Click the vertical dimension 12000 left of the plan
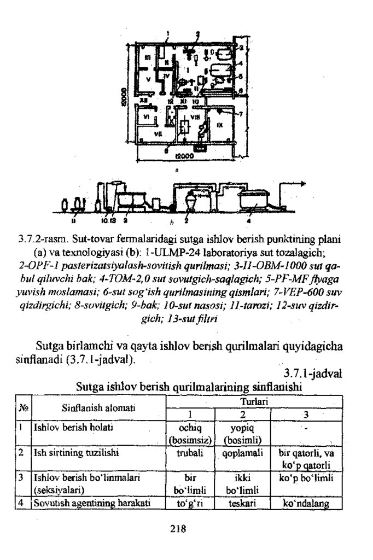[x=125, y=98]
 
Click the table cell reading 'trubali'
[x=186, y=453]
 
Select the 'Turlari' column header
[x=253, y=401]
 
